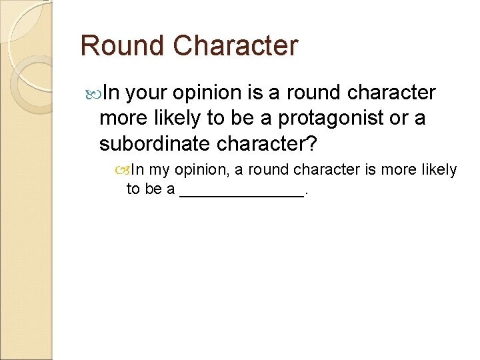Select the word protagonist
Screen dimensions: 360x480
[x=331, y=118]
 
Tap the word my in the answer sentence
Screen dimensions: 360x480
[x=159, y=170]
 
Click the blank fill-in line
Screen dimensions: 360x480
[x=241, y=191]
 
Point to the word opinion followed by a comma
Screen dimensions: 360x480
[x=200, y=170]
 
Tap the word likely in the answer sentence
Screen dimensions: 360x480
[x=439, y=170]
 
